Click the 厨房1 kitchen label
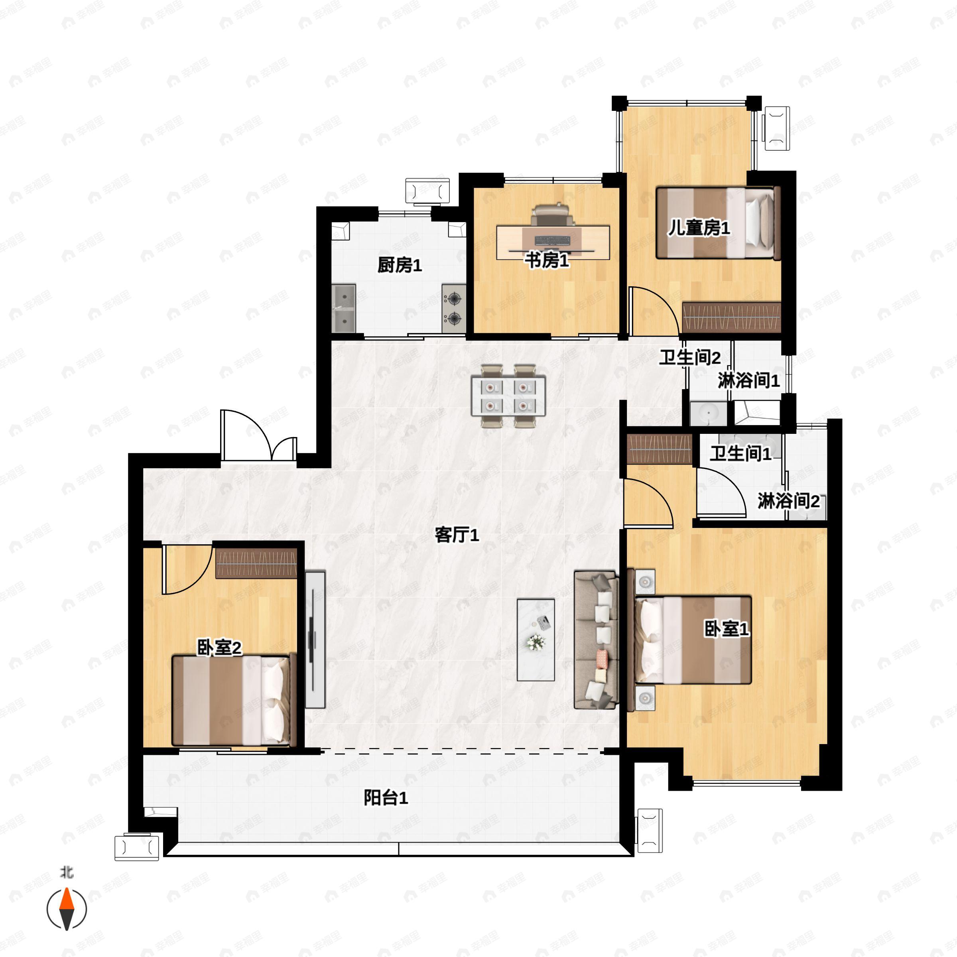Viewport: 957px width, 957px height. click(x=400, y=266)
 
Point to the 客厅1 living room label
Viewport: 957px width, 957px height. click(x=457, y=535)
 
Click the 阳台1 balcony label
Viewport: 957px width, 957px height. click(x=386, y=797)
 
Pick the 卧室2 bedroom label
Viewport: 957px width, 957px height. click(x=219, y=648)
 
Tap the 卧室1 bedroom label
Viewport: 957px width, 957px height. click(x=726, y=629)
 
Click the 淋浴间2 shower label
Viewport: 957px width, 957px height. click(x=789, y=501)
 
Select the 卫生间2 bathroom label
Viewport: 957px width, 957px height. click(x=689, y=357)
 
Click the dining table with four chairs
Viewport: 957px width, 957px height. click(x=508, y=396)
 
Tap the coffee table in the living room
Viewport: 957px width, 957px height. click(x=536, y=640)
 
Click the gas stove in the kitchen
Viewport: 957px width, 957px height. click(x=454, y=308)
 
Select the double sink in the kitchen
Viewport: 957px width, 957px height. click(x=343, y=308)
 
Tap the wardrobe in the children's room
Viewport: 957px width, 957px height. click(x=731, y=317)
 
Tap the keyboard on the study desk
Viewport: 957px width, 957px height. click(x=552, y=241)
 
